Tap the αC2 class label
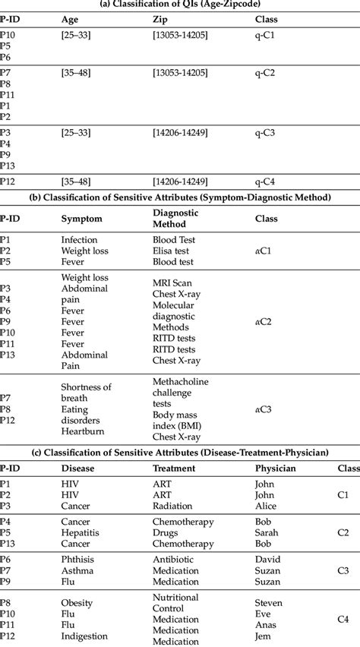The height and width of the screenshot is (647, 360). (264, 321)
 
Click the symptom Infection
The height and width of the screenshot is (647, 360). (79, 239)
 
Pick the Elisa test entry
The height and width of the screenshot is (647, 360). (173, 251)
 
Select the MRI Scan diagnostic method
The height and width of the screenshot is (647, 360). (173, 282)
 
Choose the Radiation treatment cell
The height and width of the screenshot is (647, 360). (173, 506)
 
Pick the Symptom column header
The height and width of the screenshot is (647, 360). (81, 218)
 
